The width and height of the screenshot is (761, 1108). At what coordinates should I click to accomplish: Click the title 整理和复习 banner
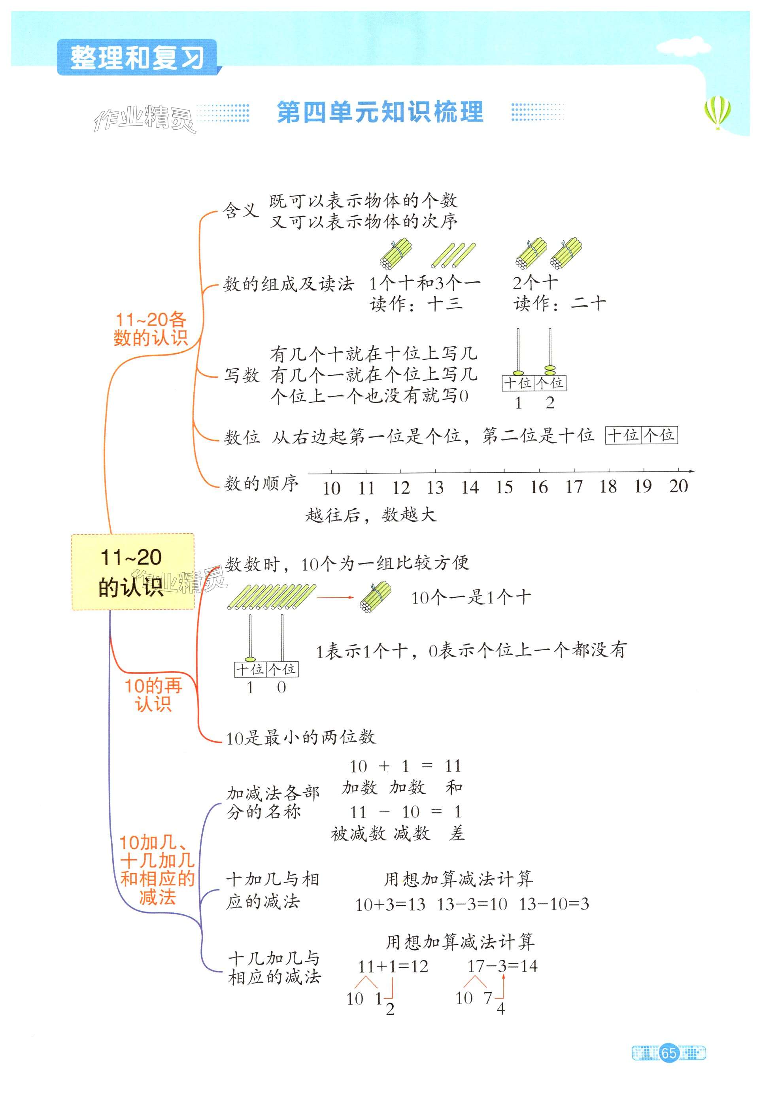[137, 57]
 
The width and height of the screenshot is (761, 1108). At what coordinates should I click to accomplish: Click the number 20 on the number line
[678, 486]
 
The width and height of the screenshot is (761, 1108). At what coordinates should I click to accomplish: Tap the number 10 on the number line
[331, 488]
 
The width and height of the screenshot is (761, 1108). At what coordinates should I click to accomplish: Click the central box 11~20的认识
[132, 572]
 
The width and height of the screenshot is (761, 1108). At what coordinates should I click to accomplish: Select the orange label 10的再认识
[153, 695]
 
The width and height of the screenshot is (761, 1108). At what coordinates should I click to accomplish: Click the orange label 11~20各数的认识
[150, 328]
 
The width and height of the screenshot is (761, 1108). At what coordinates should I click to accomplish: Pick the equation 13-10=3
[553, 904]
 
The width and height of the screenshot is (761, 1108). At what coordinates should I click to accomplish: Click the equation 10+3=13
[390, 904]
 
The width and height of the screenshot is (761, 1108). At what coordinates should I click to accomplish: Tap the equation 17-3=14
[502, 966]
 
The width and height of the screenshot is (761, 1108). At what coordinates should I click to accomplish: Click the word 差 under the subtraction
[456, 833]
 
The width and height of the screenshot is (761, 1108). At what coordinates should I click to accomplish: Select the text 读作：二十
[559, 303]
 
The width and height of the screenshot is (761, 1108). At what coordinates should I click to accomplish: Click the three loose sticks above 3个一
[453, 255]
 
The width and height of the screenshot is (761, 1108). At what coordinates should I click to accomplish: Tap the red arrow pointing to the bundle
[335, 597]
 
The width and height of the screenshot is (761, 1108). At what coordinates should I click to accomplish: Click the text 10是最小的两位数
[300, 738]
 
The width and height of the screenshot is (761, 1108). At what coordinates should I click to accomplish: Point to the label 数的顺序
[261, 484]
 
